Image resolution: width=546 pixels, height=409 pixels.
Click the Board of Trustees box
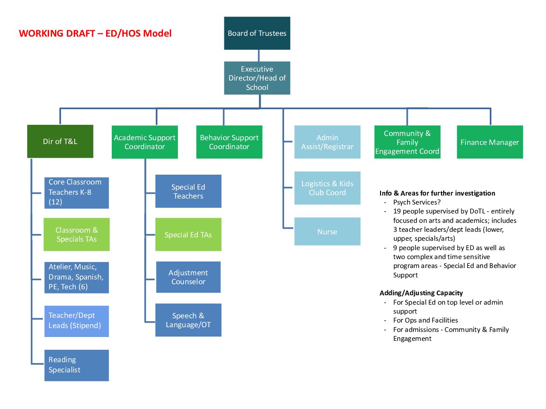pyautogui.click(x=257, y=33)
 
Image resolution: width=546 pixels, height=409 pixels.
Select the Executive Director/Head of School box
pyautogui.click(x=257, y=78)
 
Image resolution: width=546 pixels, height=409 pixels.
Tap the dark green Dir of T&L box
pyautogui.click(x=60, y=141)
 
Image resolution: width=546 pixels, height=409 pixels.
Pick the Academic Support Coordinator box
pyautogui.click(x=145, y=142)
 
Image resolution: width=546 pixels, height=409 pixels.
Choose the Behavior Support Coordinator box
pyautogui.click(x=229, y=142)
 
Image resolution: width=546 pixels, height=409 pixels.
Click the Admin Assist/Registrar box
pyautogui.click(x=327, y=142)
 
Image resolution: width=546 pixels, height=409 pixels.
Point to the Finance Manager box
pyautogui.click(x=490, y=142)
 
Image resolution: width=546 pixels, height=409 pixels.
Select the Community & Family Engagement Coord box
pyautogui.click(x=407, y=142)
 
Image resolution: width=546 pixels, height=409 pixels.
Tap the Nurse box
pyautogui.click(x=327, y=231)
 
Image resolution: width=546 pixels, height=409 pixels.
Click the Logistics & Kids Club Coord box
pyautogui.click(x=327, y=188)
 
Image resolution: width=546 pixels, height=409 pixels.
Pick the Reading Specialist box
pyautogui.click(x=76, y=365)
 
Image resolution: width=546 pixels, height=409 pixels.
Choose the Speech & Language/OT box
pyautogui.click(x=188, y=320)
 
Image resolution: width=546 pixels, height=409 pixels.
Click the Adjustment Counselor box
pyautogui.click(x=188, y=277)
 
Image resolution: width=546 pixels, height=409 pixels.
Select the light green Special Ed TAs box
pyautogui.click(x=188, y=234)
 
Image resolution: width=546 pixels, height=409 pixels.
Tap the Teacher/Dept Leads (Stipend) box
pyautogui.click(x=76, y=321)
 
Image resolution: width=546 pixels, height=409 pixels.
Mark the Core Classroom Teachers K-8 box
pyautogui.click(x=76, y=193)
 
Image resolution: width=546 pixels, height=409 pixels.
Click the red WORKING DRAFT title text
pyautogui.click(x=95, y=33)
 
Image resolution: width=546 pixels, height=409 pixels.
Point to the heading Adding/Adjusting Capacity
pyautogui.click(x=421, y=293)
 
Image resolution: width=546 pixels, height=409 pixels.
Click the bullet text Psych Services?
pyautogui.click(x=417, y=202)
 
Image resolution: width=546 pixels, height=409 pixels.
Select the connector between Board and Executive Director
pyautogui.click(x=258, y=56)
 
